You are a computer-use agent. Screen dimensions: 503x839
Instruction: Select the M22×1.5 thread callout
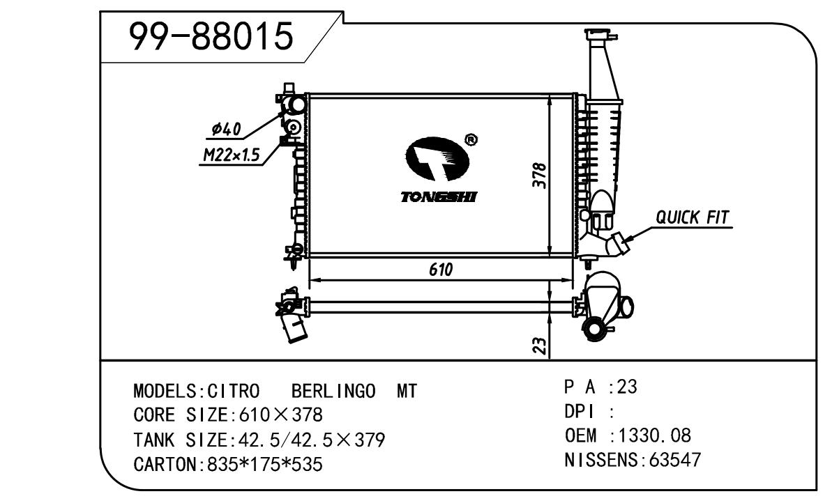tap(231, 156)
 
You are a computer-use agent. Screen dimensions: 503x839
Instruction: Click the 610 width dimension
tap(441, 270)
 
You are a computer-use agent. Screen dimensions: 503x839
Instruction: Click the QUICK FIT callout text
tap(692, 217)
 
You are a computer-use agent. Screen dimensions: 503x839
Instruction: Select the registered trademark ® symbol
tap(471, 141)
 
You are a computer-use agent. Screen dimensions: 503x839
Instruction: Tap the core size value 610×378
tap(281, 416)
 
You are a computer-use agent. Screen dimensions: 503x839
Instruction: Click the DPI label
tap(577, 412)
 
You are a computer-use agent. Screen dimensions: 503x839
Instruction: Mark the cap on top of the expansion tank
tap(599, 35)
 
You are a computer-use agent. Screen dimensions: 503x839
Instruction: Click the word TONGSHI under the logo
tap(438, 198)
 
